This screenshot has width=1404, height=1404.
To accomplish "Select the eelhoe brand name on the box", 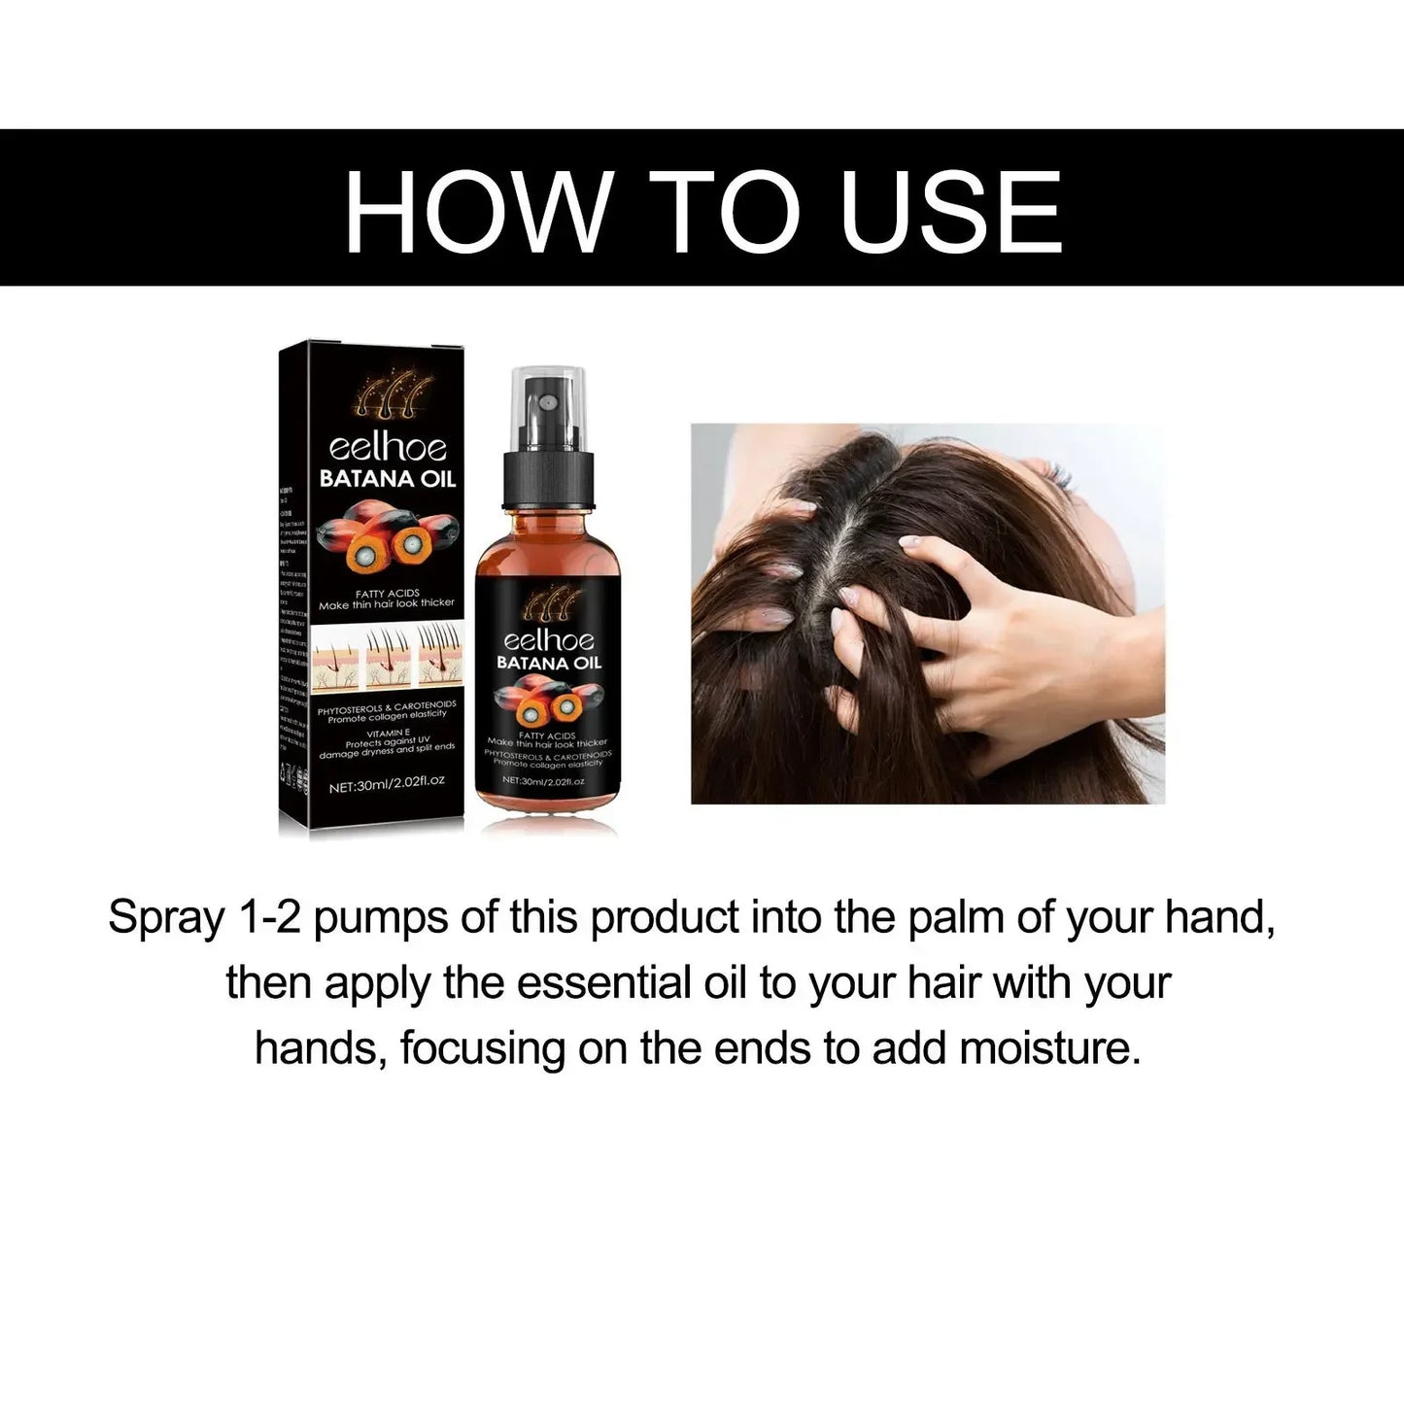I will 387,447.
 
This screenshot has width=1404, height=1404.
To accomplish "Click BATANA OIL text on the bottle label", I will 549,663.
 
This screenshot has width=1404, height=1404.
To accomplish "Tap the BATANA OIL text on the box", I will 388,478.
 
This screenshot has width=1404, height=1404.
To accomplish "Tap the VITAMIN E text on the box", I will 387,735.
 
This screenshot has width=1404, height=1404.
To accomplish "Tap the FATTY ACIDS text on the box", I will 387,592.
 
